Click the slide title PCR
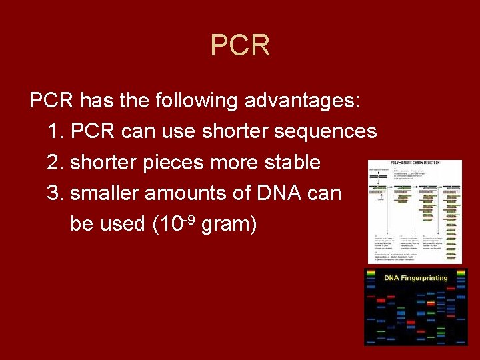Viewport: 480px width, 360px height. tap(240, 45)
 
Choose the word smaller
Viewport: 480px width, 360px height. tap(104, 193)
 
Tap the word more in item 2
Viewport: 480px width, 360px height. tap(237, 163)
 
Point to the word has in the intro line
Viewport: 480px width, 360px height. tap(93, 101)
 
